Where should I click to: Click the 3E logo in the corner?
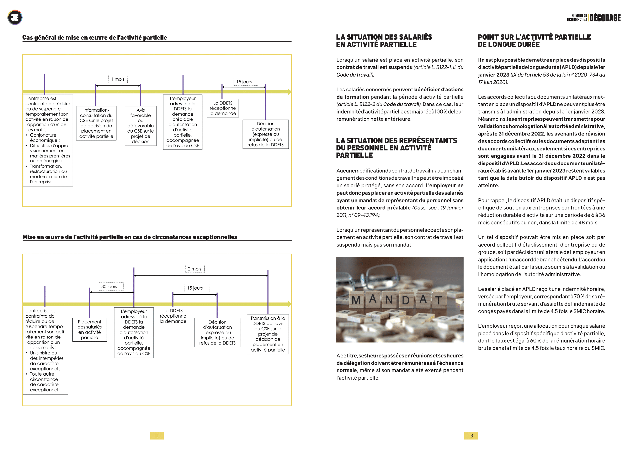pyautogui.click(x=15, y=17)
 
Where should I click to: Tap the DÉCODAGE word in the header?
pyautogui.click(x=605, y=18)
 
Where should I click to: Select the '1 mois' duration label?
pyautogui.click(x=118, y=79)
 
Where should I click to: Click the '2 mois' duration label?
pyautogui.click(x=195, y=269)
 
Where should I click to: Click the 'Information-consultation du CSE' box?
pyautogui.click(x=96, y=123)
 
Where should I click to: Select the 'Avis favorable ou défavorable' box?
pyautogui.click(x=140, y=126)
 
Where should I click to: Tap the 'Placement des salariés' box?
pyautogui.click(x=90, y=329)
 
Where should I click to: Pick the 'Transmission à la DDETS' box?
pyautogui.click(x=268, y=334)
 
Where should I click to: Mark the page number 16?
pyautogui.click(x=471, y=435)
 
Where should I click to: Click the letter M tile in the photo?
pyautogui.click(x=356, y=300)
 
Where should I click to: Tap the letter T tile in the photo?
pyautogui.click(x=439, y=300)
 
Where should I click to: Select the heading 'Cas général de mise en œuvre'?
pyautogui.click(x=95, y=37)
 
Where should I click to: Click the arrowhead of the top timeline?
pyautogui.click(x=289, y=91)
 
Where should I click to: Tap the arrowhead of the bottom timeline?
pyautogui.click(x=289, y=304)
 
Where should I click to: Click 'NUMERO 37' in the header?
pyautogui.click(x=579, y=16)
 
